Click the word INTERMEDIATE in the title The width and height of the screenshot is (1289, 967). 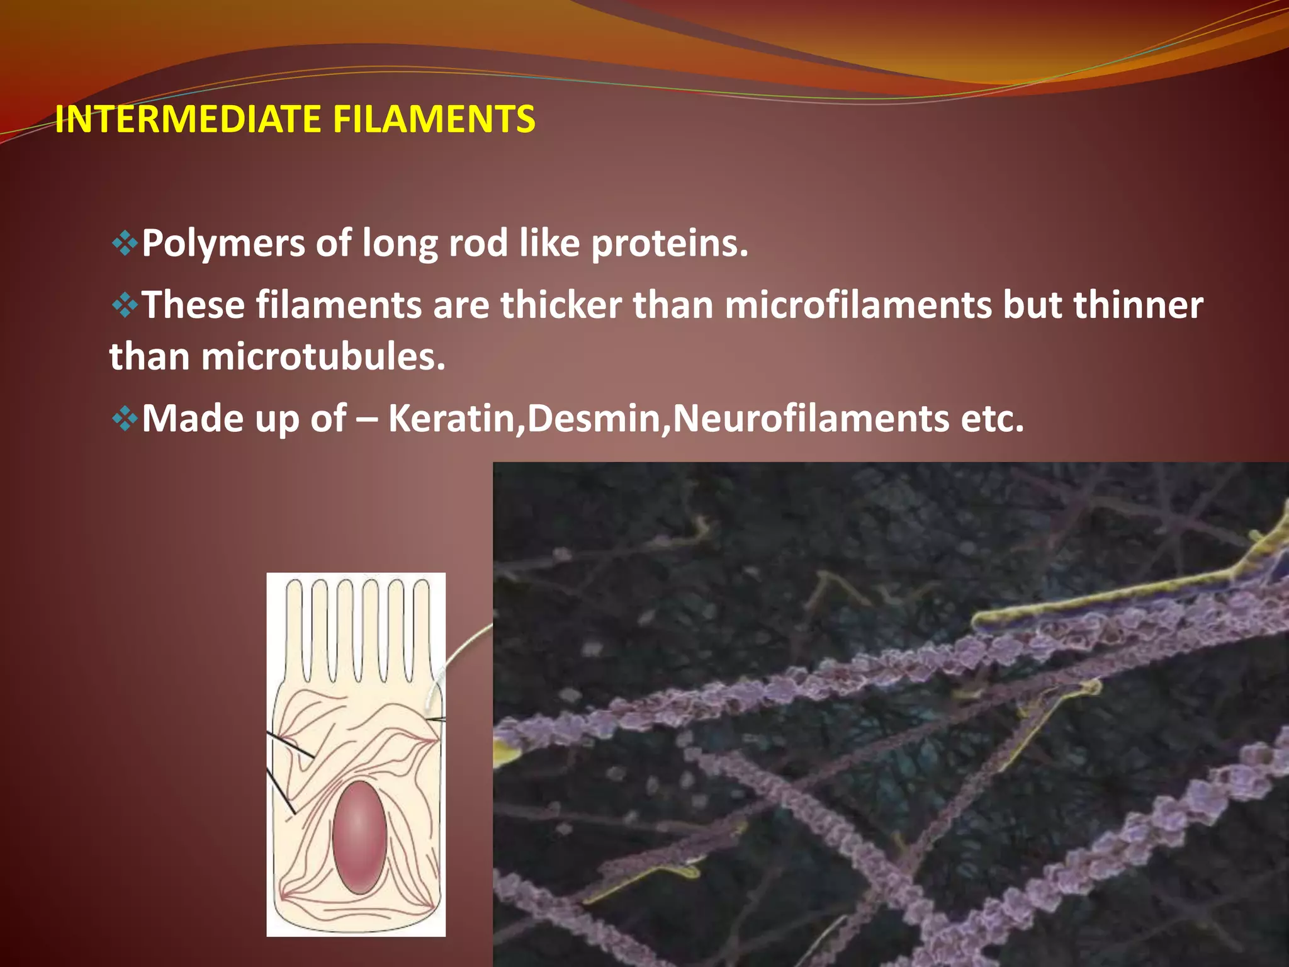pyautogui.click(x=188, y=119)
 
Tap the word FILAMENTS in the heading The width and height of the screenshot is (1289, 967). pyautogui.click(x=434, y=119)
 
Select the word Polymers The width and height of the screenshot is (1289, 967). pyautogui.click(x=223, y=244)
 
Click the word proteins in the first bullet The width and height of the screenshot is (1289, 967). pyautogui.click(x=669, y=244)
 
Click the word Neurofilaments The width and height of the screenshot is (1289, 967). pyautogui.click(x=811, y=418)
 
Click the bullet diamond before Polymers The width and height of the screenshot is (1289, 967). pyautogui.click(x=125, y=243)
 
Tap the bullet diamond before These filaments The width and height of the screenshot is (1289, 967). pyautogui.click(x=125, y=305)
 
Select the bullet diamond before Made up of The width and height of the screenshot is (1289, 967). pyautogui.click(x=125, y=418)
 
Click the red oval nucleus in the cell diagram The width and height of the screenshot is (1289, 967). pyautogui.click(x=359, y=837)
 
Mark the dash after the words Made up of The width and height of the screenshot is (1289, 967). pyautogui.click(x=367, y=419)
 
